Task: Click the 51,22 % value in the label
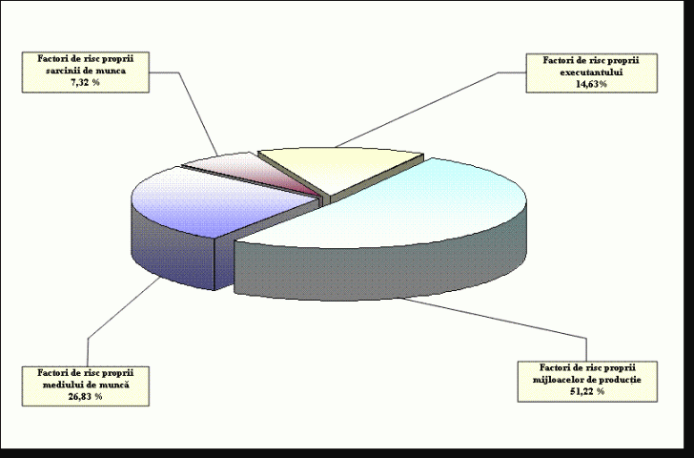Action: [x=587, y=391]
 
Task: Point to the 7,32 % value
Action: [x=86, y=83]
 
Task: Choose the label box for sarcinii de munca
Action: [x=86, y=72]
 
